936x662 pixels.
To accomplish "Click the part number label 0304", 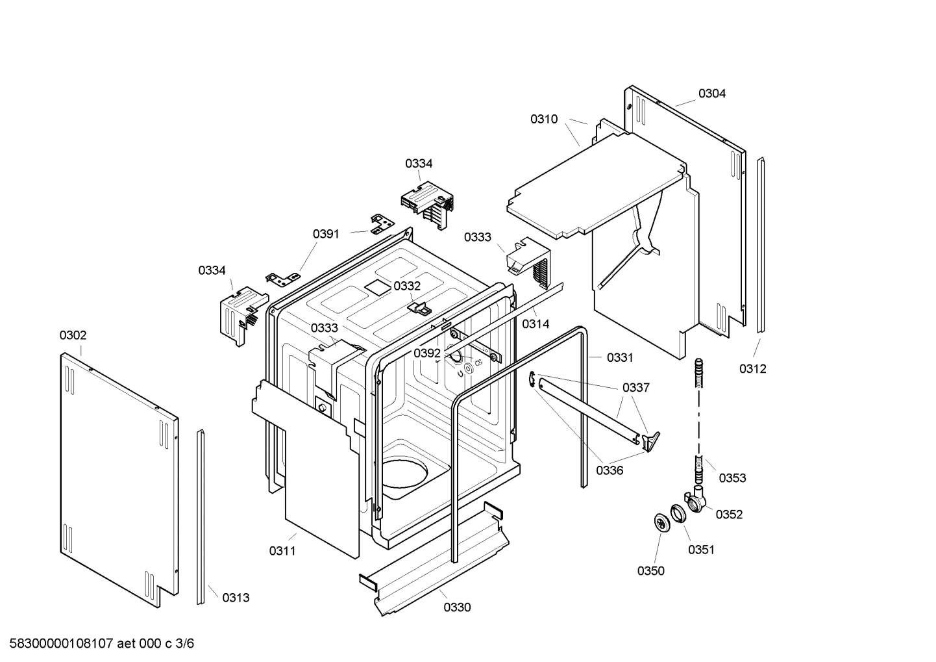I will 711,94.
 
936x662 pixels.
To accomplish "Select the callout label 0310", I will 543,119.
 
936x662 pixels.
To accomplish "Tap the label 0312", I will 752,369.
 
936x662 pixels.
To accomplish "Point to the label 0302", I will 73,335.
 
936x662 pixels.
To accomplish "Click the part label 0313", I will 236,598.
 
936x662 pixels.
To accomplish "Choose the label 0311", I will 282,551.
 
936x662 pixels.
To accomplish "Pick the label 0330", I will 457,607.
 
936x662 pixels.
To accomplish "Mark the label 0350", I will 650,571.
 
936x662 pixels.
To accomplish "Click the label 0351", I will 701,550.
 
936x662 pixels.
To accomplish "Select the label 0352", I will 729,515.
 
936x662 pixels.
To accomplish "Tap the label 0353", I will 732,478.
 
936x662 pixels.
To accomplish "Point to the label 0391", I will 326,234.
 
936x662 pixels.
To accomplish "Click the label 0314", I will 536,324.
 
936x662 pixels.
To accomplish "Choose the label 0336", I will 610,470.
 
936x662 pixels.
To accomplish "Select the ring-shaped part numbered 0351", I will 679,514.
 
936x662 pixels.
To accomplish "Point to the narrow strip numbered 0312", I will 761,247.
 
